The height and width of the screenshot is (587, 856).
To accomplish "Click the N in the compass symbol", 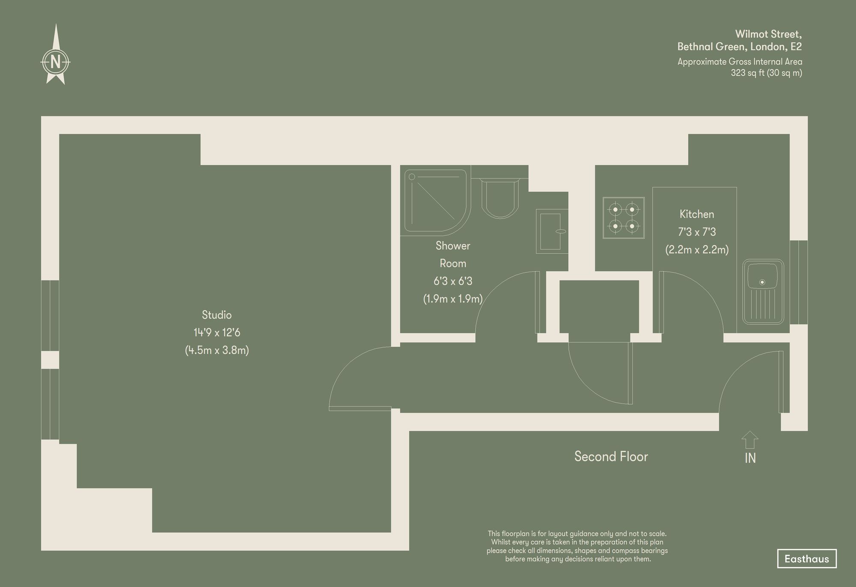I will [55, 63].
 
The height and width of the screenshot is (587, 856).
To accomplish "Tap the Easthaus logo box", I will [806, 559].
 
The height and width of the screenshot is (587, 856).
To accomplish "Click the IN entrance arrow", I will [750, 440].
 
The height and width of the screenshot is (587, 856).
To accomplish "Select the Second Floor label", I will [611, 456].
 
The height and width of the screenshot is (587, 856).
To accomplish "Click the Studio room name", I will [217, 315].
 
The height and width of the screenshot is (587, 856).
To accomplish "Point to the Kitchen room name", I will [697, 214].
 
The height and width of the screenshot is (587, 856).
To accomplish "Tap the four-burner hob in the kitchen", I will [624, 218].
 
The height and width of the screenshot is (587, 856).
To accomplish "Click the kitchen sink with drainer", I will [763, 291].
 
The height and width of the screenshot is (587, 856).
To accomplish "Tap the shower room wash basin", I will [552, 231].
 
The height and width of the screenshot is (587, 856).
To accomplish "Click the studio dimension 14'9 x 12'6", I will [217, 333].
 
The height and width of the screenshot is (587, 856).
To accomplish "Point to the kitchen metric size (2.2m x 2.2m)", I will [697, 250].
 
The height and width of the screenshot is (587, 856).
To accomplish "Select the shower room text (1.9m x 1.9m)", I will [453, 299].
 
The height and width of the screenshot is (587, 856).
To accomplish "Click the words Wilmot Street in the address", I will [768, 34].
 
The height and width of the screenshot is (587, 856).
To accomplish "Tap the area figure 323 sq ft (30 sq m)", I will [766, 73].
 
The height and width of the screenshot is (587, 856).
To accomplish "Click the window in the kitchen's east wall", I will [799, 282].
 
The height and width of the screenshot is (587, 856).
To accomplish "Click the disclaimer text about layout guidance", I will [577, 546].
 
